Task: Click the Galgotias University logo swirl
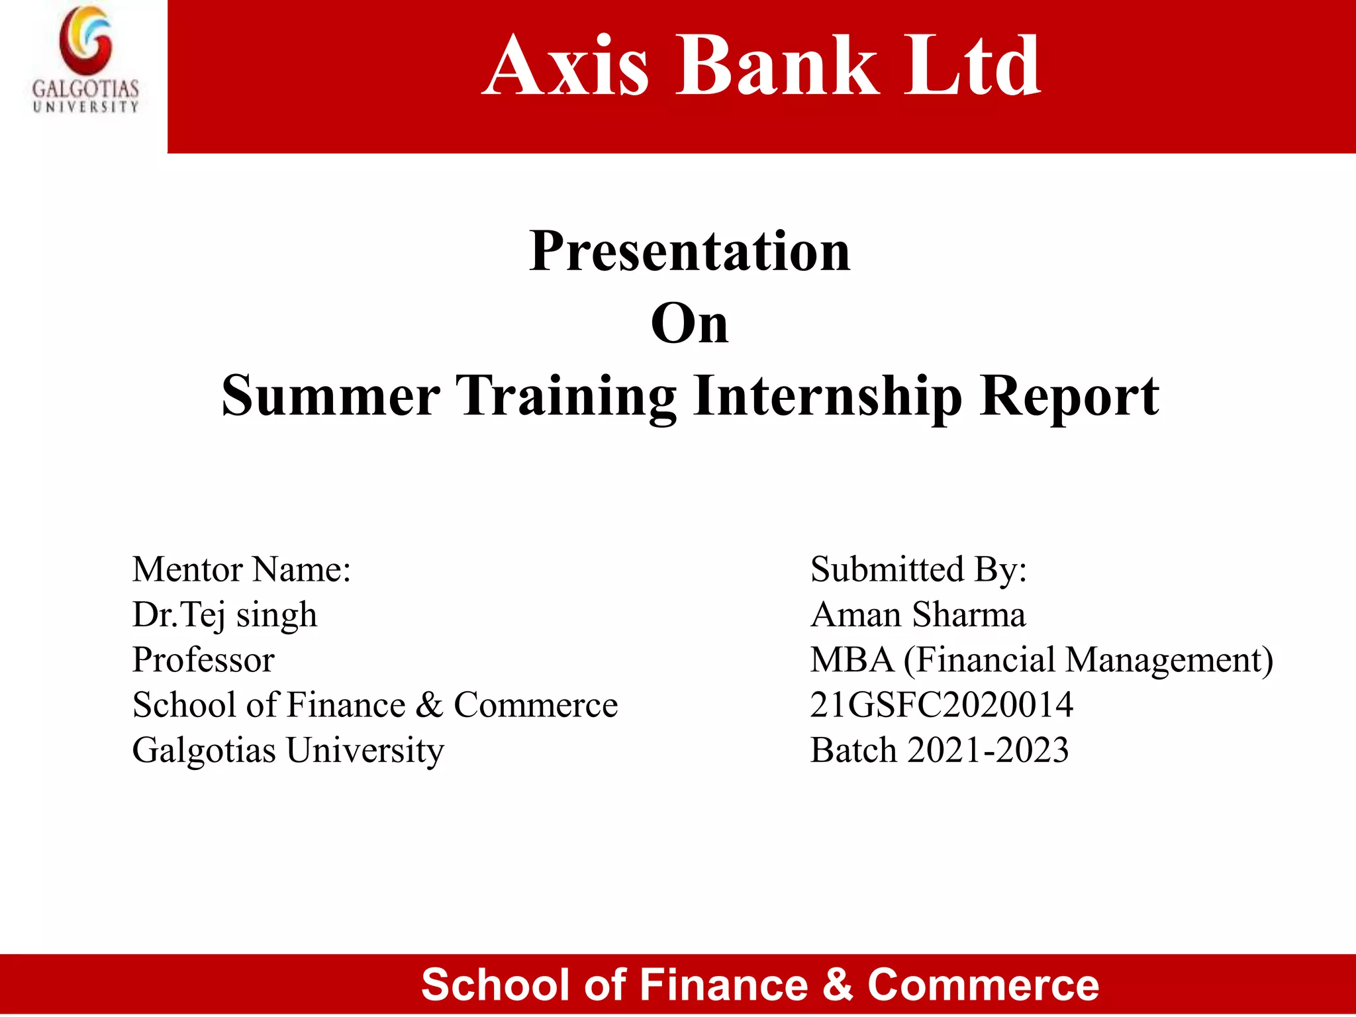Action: pyautogui.click(x=85, y=41)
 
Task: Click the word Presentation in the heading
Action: pyautogui.click(x=690, y=252)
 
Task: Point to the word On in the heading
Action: pyautogui.click(x=690, y=324)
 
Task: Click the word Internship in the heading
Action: pyautogui.click(x=827, y=396)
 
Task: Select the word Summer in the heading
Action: pyautogui.click(x=330, y=396)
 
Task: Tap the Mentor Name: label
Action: pyautogui.click(x=242, y=569)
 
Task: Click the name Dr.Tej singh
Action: pyautogui.click(x=225, y=614)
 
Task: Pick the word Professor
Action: pyautogui.click(x=203, y=659)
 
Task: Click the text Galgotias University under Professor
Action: pyautogui.click(x=288, y=750)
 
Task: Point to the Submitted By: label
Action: pyautogui.click(x=918, y=569)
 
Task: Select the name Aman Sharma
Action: pyautogui.click(x=918, y=614)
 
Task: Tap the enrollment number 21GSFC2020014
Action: pyautogui.click(x=942, y=704)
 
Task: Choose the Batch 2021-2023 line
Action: pyautogui.click(x=940, y=750)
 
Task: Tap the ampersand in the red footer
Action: pyautogui.click(x=838, y=985)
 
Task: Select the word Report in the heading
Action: pyautogui.click(x=1069, y=396)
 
